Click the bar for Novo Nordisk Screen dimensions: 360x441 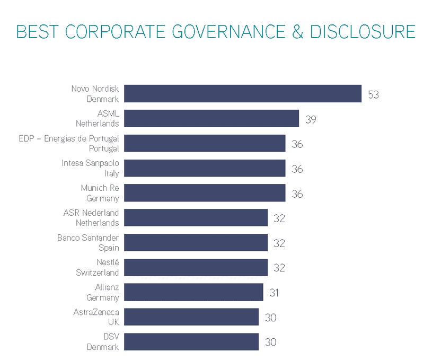(243, 93)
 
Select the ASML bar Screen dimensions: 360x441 (211, 118)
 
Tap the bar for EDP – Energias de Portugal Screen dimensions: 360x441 (205, 143)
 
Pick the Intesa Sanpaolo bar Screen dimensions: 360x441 (205, 168)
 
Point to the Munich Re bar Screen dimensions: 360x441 (205, 193)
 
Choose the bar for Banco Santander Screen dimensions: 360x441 (196, 243)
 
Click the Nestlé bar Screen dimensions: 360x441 (196, 268)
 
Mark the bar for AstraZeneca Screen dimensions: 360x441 (191, 317)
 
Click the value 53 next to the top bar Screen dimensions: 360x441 (373, 95)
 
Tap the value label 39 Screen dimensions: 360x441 (311, 120)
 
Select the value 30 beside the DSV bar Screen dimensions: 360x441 (270, 343)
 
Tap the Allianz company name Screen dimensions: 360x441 (107, 287)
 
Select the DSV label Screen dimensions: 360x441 (111, 337)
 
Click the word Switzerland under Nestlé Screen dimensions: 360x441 (98, 273)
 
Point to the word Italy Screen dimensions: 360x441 (112, 173)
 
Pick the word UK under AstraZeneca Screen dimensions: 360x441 (113, 322)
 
